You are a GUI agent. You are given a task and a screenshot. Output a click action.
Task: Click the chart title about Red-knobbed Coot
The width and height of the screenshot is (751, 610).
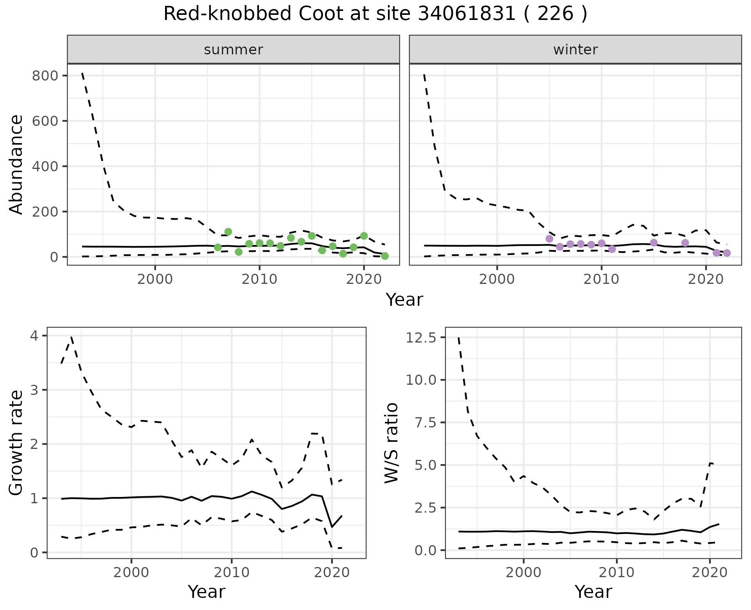pos(375,14)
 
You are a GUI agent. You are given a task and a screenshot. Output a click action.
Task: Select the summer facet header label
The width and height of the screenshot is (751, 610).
pos(234,50)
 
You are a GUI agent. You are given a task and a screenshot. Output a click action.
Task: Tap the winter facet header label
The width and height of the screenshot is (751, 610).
pos(575,50)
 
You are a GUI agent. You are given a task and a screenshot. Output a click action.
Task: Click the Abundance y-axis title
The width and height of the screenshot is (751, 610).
pos(16,165)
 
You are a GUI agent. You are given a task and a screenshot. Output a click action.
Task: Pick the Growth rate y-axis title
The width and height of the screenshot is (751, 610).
pos(16,443)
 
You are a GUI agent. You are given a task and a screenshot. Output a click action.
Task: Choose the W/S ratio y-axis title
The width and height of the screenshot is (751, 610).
pos(392,443)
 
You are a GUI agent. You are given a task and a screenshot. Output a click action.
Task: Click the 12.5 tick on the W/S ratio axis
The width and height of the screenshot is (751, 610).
pos(421,337)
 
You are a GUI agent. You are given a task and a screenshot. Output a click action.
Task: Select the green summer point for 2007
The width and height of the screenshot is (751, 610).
pos(228,232)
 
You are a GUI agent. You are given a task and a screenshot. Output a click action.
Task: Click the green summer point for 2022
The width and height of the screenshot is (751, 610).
pos(385,256)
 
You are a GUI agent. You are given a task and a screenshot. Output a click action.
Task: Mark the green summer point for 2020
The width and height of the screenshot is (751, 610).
pos(364,236)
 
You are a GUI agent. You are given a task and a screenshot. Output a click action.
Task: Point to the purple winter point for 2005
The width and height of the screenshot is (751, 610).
pos(549,239)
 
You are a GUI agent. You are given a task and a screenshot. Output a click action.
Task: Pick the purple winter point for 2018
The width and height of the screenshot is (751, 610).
pos(685,243)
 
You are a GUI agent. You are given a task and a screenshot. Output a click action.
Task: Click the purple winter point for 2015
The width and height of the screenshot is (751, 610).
pos(654,243)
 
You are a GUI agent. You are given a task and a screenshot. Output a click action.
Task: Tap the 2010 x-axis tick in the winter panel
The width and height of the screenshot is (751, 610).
pos(601,280)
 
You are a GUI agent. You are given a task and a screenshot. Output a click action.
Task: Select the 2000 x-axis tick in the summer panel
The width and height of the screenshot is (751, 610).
pos(155,280)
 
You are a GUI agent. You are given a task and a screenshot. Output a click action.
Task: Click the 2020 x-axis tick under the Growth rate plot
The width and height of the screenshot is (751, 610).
pos(332,573)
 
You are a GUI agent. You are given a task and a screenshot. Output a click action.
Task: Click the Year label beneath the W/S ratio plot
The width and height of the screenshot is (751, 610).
pos(593,592)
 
